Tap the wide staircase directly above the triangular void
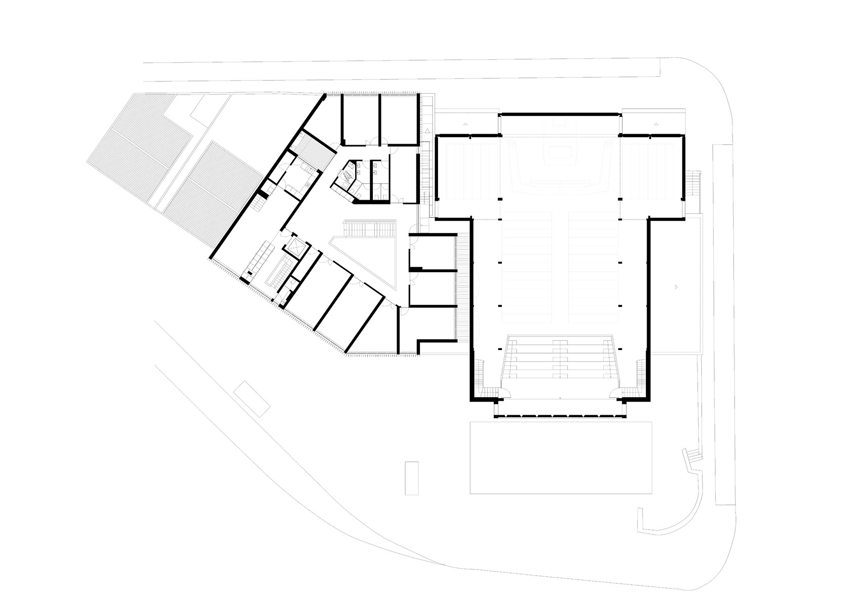tap(369, 229)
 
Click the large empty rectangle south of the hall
tap(561, 457)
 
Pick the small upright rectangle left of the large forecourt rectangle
tap(412, 477)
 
